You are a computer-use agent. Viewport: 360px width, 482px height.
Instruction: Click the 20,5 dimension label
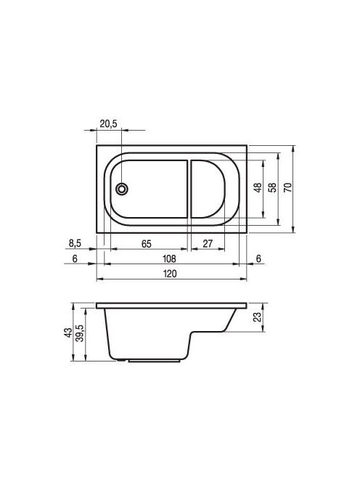click(x=108, y=124)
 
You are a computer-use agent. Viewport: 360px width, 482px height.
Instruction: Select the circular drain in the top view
click(x=122, y=189)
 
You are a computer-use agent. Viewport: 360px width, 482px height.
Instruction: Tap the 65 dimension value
click(x=147, y=244)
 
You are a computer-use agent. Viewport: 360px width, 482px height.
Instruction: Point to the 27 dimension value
click(x=208, y=243)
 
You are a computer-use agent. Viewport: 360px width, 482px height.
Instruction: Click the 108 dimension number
click(x=169, y=259)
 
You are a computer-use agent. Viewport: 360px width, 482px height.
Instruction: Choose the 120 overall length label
click(x=170, y=274)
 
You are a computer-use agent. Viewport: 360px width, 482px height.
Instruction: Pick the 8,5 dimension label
click(x=75, y=243)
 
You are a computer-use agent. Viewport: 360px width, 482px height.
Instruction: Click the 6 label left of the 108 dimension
click(x=75, y=259)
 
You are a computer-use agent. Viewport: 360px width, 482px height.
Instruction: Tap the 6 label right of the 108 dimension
click(x=258, y=259)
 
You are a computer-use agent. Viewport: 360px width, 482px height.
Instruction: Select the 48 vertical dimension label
click(x=258, y=187)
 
